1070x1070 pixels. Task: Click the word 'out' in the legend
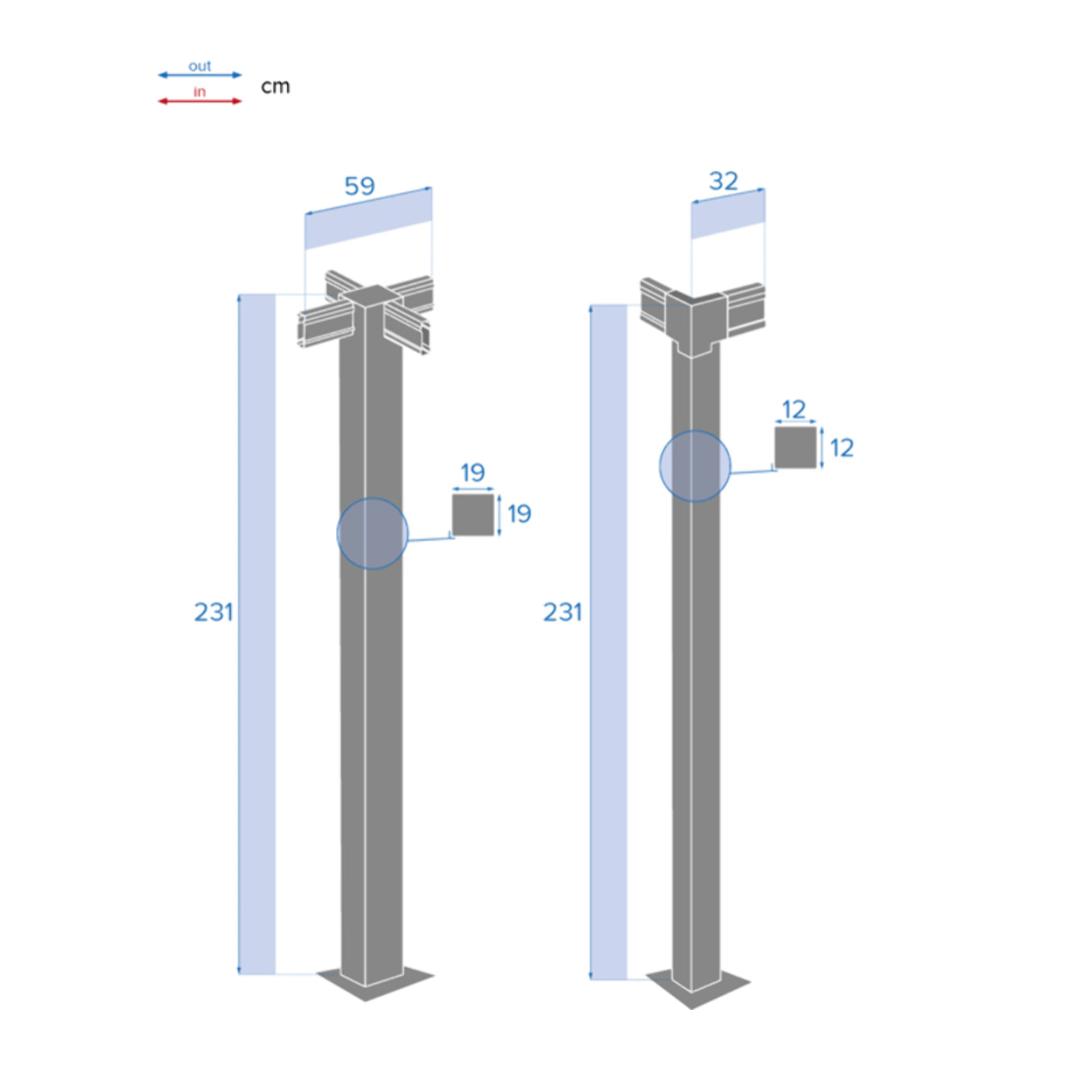[199, 66]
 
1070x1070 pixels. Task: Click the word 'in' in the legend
[199, 92]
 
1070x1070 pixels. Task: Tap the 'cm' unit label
[275, 86]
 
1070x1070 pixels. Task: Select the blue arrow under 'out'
[199, 75]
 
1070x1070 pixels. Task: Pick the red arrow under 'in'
[199, 101]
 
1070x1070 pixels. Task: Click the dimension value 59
[360, 186]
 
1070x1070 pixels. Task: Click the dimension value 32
[724, 181]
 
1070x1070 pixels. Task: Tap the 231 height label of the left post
[214, 611]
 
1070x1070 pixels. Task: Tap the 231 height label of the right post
[562, 611]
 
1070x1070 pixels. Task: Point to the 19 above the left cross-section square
[473, 472]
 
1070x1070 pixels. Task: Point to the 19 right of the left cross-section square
[520, 514]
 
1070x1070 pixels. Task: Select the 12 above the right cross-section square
[793, 409]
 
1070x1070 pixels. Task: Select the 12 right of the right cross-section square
[842, 448]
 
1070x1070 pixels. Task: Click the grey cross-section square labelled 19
[473, 515]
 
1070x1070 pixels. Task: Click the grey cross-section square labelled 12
[795, 448]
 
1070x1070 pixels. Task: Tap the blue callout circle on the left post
[372, 533]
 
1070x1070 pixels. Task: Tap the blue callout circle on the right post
[695, 466]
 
